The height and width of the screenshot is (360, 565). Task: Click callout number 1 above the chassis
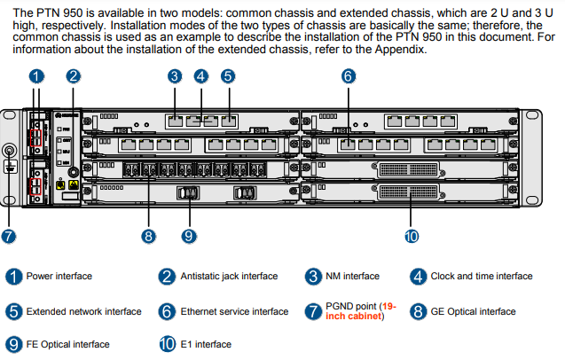(36, 76)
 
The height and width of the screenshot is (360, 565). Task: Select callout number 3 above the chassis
(175, 76)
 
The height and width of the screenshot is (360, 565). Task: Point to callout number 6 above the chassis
(348, 76)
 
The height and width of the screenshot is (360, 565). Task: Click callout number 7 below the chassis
(9, 236)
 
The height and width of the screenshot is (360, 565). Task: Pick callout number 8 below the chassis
(149, 236)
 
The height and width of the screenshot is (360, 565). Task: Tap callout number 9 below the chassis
(188, 236)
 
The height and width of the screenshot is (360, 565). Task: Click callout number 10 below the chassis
(412, 236)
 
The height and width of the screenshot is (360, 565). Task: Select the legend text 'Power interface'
(59, 277)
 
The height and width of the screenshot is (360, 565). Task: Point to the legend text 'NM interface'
(353, 277)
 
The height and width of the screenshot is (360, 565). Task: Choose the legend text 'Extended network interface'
(83, 312)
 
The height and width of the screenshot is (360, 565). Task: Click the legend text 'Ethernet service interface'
(234, 312)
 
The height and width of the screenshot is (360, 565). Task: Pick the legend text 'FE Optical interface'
(68, 344)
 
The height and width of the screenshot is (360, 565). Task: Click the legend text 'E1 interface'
(206, 344)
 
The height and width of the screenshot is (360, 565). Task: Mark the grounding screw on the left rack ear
(12, 152)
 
